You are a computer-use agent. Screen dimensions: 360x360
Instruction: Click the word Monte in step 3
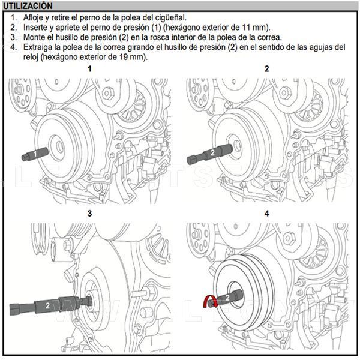pos(35,37)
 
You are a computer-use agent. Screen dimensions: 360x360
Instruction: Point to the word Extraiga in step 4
pos(39,47)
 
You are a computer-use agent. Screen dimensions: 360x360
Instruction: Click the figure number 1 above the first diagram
pos(90,69)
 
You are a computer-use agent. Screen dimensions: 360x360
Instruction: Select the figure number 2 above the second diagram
pos(267,69)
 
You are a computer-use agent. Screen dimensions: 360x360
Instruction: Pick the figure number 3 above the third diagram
pos(90,213)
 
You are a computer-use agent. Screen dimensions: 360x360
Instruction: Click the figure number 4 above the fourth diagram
pos(267,213)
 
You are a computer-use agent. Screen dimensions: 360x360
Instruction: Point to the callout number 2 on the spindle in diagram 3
pos(47,305)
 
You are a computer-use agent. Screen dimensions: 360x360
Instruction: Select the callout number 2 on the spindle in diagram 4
pos(227,296)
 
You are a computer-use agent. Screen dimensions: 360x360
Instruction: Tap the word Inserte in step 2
pos(37,28)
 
